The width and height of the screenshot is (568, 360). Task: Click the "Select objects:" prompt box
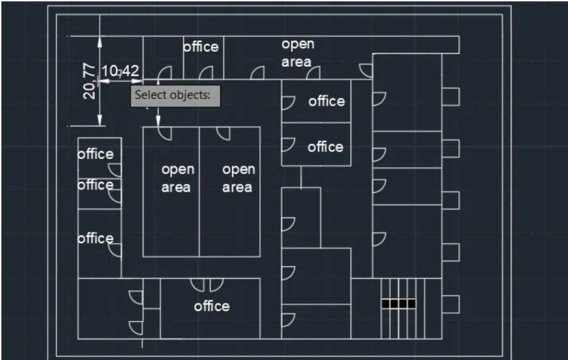pos(176,95)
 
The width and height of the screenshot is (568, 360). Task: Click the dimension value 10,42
pos(120,71)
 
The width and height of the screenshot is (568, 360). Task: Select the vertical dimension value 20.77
pos(90,81)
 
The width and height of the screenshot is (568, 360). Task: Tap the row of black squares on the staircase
pos(398,304)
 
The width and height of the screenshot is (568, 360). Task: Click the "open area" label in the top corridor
pos(297,53)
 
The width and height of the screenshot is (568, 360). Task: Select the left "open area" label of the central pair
pos(177,178)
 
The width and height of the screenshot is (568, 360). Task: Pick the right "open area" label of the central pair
pos(238,178)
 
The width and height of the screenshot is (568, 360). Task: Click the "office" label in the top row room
pos(201,47)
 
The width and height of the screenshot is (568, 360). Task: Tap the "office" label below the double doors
pos(212,306)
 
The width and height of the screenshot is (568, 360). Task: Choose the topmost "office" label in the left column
pos(95,154)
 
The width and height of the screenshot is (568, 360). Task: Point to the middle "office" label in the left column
pos(95,185)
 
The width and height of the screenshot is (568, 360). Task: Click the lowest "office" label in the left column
pos(95,238)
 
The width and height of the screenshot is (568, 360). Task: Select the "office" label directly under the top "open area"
pos(326,101)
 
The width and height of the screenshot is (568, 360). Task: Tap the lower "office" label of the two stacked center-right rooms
pos(325,146)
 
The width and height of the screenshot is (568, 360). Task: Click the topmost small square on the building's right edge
pos(451,96)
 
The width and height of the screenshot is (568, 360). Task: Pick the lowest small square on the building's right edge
pos(451,304)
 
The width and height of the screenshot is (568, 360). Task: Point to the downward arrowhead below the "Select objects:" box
pos(158,121)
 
